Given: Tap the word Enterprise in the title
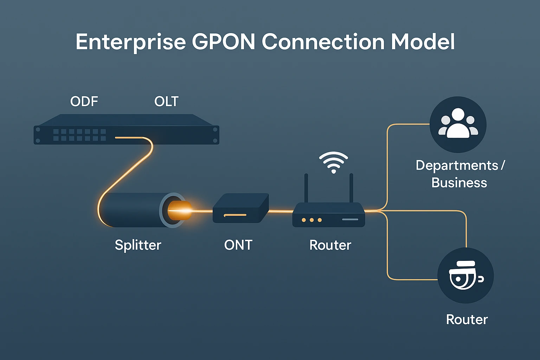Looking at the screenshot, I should click(x=130, y=42).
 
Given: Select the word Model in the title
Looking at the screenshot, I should click(x=423, y=42).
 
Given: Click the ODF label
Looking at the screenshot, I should click(x=84, y=102).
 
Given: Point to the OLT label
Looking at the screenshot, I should click(x=166, y=102).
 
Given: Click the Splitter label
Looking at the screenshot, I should click(x=138, y=245).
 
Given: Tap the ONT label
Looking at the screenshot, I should click(x=238, y=245).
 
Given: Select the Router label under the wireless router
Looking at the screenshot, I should click(x=330, y=245).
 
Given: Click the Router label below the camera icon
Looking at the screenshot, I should click(x=467, y=320).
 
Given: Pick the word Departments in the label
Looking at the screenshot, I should click(x=457, y=165).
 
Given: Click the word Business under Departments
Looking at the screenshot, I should click(x=459, y=183).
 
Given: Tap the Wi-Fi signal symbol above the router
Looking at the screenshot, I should click(x=333, y=162).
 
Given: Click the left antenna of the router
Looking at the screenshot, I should click(x=306, y=188).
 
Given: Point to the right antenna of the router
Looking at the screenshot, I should click(x=351, y=188).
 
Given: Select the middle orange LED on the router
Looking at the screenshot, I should click(x=311, y=220).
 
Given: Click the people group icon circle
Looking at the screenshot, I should click(x=458, y=124).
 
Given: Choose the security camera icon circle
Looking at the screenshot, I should click(x=465, y=275).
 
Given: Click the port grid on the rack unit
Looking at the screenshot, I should click(x=79, y=135).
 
